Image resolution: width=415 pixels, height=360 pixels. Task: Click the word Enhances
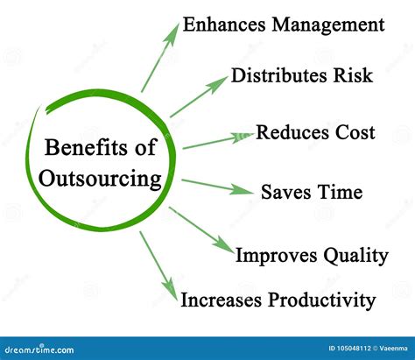click(224, 25)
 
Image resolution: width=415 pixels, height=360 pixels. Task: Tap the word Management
click(328, 25)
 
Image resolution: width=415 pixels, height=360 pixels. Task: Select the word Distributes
click(278, 75)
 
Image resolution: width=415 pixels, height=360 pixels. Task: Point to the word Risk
click(353, 75)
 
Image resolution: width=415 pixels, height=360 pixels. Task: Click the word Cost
click(355, 132)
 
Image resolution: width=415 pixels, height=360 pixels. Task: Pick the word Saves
click(286, 192)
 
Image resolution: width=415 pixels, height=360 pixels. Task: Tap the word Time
click(340, 192)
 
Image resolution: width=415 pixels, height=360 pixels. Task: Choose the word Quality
click(355, 256)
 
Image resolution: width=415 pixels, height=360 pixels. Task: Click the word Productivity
click(321, 300)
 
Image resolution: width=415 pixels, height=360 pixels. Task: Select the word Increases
click(221, 300)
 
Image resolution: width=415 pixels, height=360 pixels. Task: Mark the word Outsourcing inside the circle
click(100, 179)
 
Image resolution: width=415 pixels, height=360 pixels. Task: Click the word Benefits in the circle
click(86, 147)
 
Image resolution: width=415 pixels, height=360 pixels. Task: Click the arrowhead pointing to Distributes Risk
click(217, 84)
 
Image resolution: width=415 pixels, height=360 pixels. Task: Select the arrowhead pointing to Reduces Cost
click(243, 138)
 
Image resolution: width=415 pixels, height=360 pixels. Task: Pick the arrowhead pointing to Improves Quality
click(224, 245)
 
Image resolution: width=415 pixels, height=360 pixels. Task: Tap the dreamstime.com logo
click(39, 349)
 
